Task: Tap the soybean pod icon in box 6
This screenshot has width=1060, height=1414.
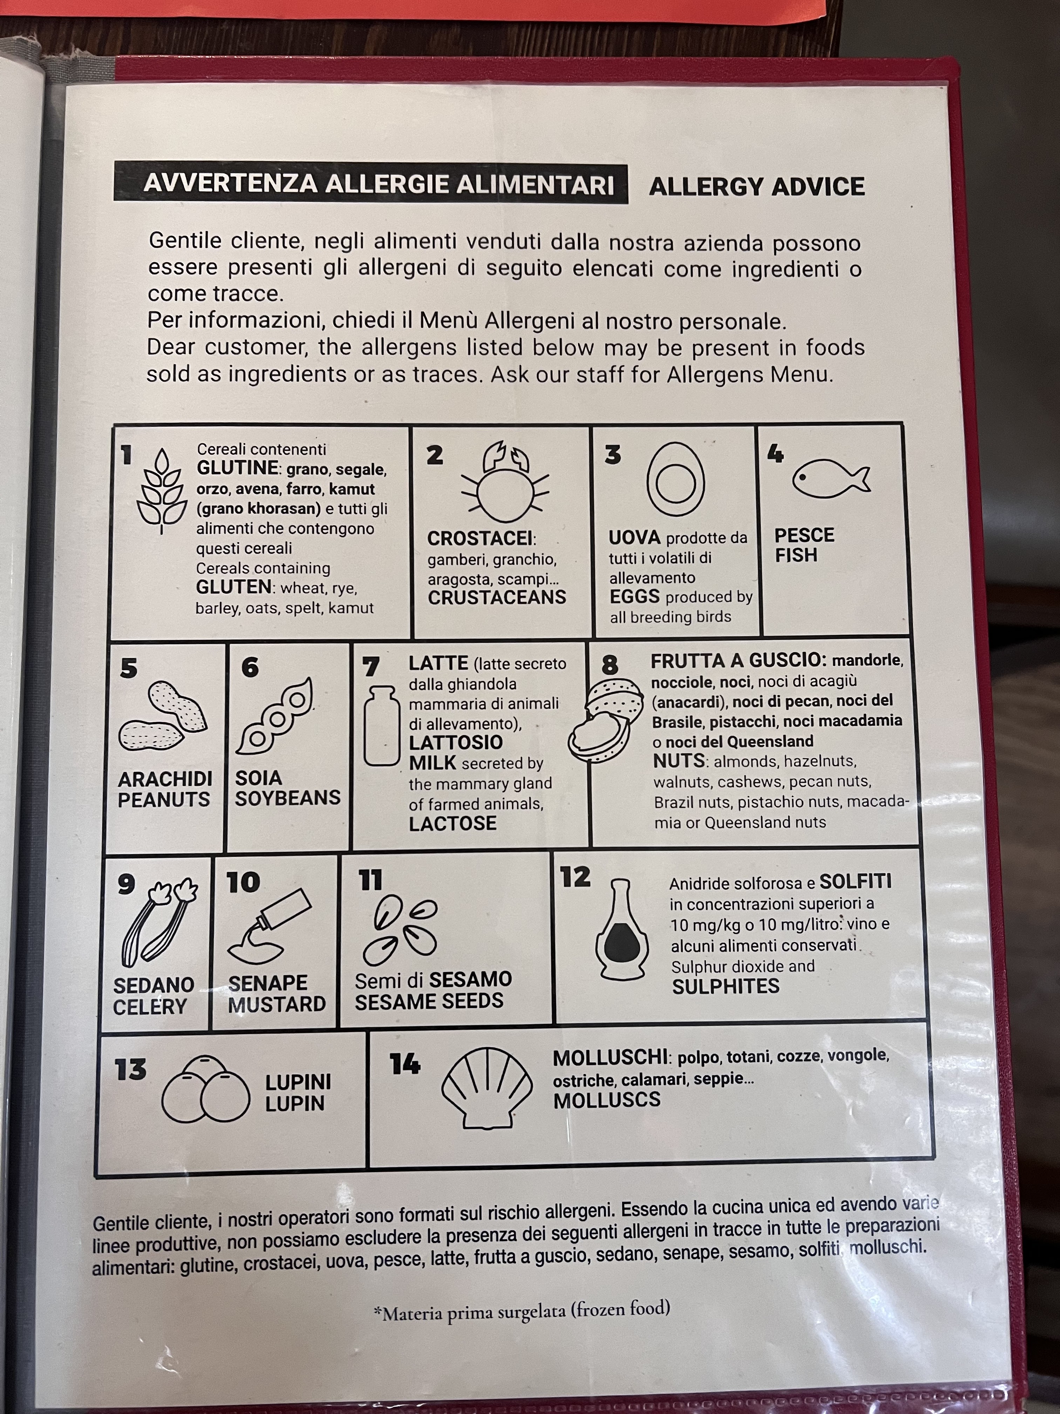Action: (275, 716)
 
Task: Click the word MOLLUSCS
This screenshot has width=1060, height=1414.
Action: (606, 1100)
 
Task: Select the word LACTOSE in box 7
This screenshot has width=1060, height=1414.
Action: (453, 823)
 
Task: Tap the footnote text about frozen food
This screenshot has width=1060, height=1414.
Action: (522, 1312)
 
